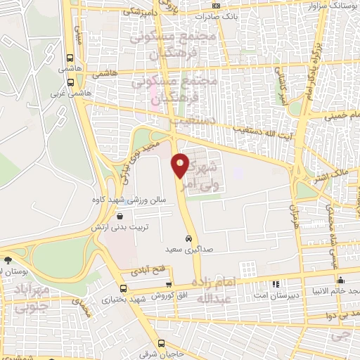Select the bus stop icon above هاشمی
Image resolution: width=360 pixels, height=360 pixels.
(x=69, y=59)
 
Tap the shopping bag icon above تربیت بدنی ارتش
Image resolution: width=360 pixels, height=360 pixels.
(x=121, y=217)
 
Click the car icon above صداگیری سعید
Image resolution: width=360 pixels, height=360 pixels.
(x=188, y=238)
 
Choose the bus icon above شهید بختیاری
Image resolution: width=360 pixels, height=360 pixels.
(x=124, y=288)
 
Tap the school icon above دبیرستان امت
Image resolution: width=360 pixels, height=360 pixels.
(x=276, y=285)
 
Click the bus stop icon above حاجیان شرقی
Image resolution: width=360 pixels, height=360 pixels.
(x=163, y=343)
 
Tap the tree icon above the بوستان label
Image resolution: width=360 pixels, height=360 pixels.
(x=7, y=258)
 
